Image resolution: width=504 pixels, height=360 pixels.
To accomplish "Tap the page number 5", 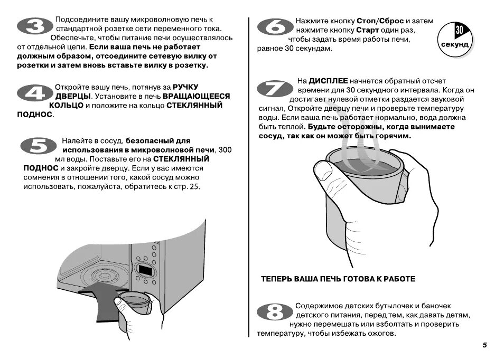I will click(x=484, y=345).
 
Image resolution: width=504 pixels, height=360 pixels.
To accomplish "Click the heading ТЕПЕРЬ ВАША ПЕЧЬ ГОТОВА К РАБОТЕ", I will click(x=338, y=279).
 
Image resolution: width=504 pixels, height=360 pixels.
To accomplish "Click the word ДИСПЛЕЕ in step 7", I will click(x=328, y=81).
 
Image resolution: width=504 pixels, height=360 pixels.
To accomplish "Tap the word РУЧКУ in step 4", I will click(x=189, y=87).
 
